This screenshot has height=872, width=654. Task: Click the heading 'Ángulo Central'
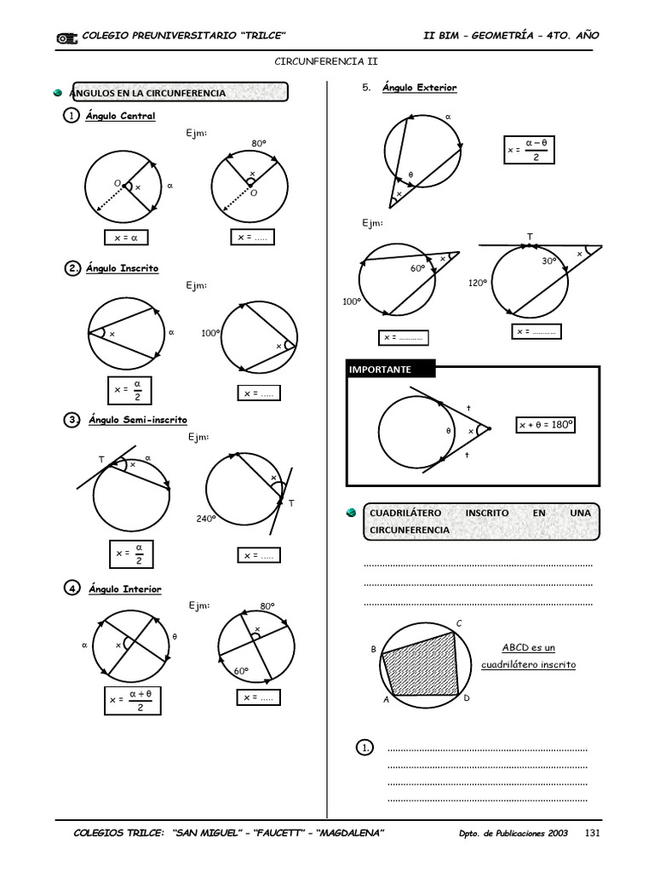point(120,116)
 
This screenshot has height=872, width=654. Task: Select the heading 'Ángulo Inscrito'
point(122,268)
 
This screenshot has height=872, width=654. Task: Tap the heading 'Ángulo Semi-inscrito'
point(137,420)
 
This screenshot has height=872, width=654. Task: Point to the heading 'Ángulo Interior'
point(124,588)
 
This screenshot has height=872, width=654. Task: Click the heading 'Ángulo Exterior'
point(419,88)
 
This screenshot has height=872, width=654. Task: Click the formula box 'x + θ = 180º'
point(546,424)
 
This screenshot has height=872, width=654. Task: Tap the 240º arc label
point(208,518)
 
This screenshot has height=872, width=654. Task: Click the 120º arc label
point(478,283)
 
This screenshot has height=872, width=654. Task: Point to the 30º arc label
point(549,261)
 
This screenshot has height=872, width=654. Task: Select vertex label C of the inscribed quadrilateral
point(459,623)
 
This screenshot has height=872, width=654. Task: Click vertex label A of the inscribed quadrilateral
point(386,700)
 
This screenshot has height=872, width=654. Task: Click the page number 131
point(593,832)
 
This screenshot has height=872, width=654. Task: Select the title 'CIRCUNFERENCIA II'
point(325,61)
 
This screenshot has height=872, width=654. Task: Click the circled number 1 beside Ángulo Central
point(72,116)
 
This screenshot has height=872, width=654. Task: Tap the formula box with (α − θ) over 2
point(528,150)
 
